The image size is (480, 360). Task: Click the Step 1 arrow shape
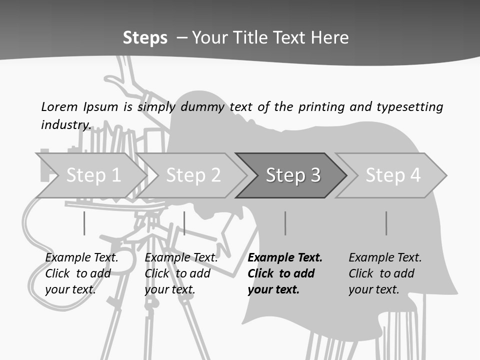pos(92,175)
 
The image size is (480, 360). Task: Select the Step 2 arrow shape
pos(193,175)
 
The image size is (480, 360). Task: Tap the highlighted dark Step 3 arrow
pos(292,175)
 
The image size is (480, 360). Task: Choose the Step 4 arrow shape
pos(393,175)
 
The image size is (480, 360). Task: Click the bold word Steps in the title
pos(145,38)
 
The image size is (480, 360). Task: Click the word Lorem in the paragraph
pos(59,106)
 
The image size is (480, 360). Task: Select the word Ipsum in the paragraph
pos(100,106)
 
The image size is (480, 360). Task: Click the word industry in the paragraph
pos(65,124)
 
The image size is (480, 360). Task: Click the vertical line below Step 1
pos(84,223)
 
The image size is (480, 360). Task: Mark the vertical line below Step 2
pos(184,223)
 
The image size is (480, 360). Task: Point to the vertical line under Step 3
pos(285,223)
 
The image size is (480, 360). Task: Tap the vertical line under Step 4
pos(386,223)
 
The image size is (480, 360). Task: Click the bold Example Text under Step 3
pos(285,258)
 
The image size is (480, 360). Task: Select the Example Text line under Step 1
pos(81,258)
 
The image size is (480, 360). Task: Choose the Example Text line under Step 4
pos(385,258)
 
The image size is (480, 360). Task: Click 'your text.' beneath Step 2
pos(170,289)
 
